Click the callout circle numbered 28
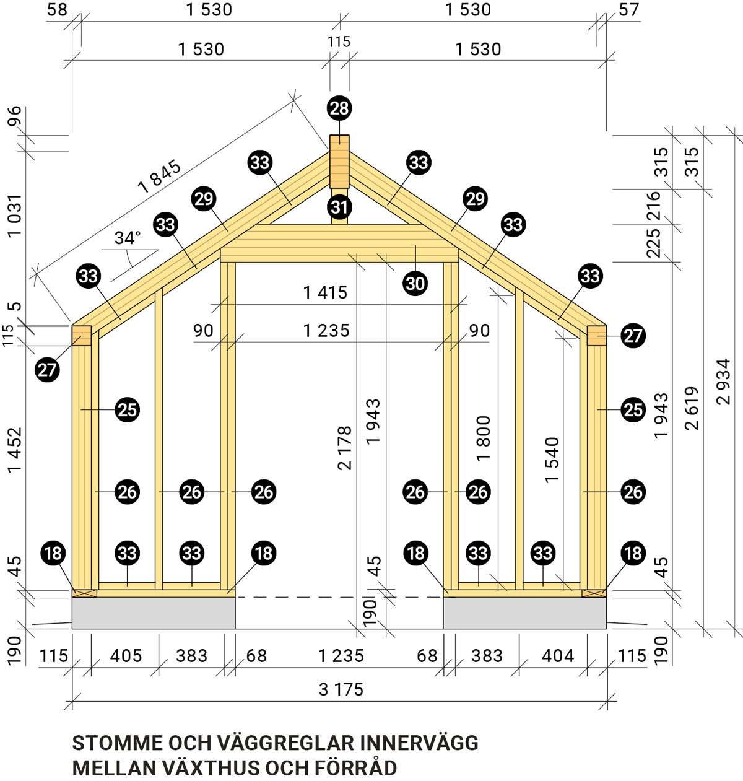[x=339, y=108]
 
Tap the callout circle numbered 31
[x=339, y=207]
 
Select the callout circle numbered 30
[x=415, y=283]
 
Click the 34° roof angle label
[x=128, y=238]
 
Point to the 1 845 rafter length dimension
[x=160, y=177]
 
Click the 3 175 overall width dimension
[x=341, y=689]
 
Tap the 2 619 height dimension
[x=692, y=408]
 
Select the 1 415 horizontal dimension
[x=325, y=293]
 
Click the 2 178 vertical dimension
[x=345, y=448]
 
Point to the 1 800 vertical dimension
[x=484, y=438]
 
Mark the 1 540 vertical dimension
[x=552, y=460]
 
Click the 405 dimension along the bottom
[x=126, y=655]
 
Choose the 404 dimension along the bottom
[x=557, y=655]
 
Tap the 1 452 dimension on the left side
[x=15, y=450]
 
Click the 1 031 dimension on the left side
[x=15, y=216]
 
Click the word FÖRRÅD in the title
[x=356, y=768]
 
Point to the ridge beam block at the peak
[x=339, y=161]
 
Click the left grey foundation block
[x=154, y=613]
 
